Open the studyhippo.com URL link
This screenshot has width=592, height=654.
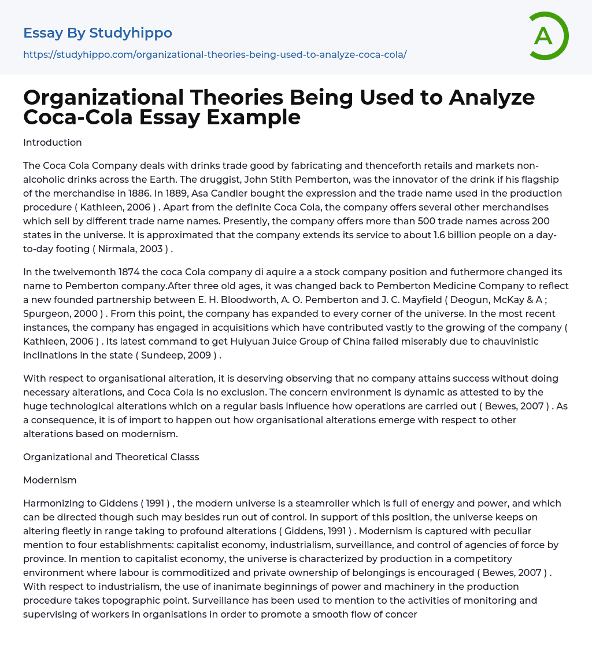[x=214, y=54]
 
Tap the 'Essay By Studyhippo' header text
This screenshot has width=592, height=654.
[x=98, y=33]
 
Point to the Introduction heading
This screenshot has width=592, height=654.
[x=53, y=142]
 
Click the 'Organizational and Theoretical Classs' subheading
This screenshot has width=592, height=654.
[x=111, y=457]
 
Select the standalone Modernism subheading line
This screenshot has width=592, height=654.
[x=50, y=480]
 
